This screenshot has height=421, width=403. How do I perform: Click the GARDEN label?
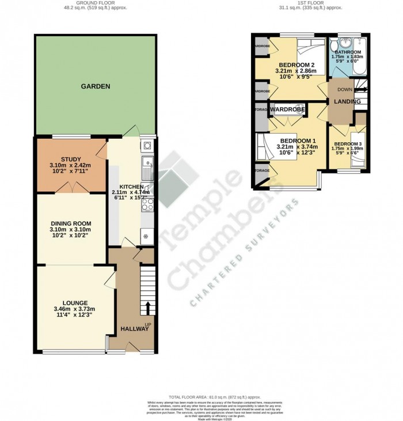[95, 86]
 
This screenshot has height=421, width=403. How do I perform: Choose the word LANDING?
[348, 102]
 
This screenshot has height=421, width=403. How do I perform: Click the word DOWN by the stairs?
[345, 89]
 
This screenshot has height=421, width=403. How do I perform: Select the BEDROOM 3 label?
[348, 143]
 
